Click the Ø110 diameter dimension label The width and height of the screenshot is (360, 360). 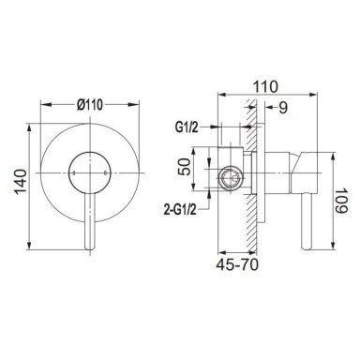90,105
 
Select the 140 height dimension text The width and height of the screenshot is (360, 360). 21,182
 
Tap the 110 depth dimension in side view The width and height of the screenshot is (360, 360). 265,86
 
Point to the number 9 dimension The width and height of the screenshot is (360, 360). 282,108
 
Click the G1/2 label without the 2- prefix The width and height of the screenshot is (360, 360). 187,127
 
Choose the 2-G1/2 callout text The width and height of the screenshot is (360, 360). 180,210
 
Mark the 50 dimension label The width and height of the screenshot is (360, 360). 184,167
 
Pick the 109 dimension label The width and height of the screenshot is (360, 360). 341,201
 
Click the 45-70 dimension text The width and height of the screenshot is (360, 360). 237,265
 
